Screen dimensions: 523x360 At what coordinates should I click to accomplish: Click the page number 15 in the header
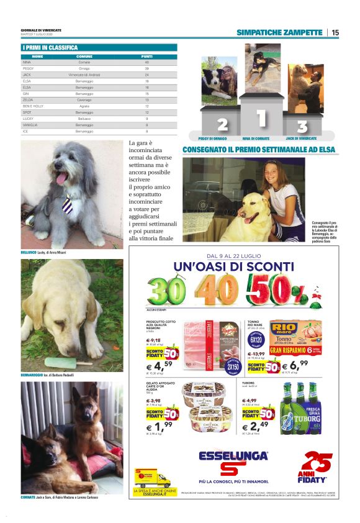[335, 32]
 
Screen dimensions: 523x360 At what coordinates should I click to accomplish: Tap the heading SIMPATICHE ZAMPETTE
[279, 32]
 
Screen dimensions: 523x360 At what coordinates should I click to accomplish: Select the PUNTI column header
[146, 57]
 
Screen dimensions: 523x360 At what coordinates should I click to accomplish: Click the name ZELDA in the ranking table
[27, 99]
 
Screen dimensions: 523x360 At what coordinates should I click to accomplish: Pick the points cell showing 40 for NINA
[146, 62]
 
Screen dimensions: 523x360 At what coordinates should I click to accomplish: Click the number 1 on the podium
[261, 117]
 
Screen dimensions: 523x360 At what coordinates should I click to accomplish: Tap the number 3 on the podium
[302, 126]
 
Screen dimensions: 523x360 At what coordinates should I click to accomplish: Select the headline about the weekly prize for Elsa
[258, 150]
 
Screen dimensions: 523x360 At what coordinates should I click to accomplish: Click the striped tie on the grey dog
[67, 204]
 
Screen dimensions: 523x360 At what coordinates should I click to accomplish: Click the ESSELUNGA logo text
[233, 456]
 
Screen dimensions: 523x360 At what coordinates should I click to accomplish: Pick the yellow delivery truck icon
[152, 479]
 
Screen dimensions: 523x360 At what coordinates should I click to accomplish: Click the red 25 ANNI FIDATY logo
[315, 467]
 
